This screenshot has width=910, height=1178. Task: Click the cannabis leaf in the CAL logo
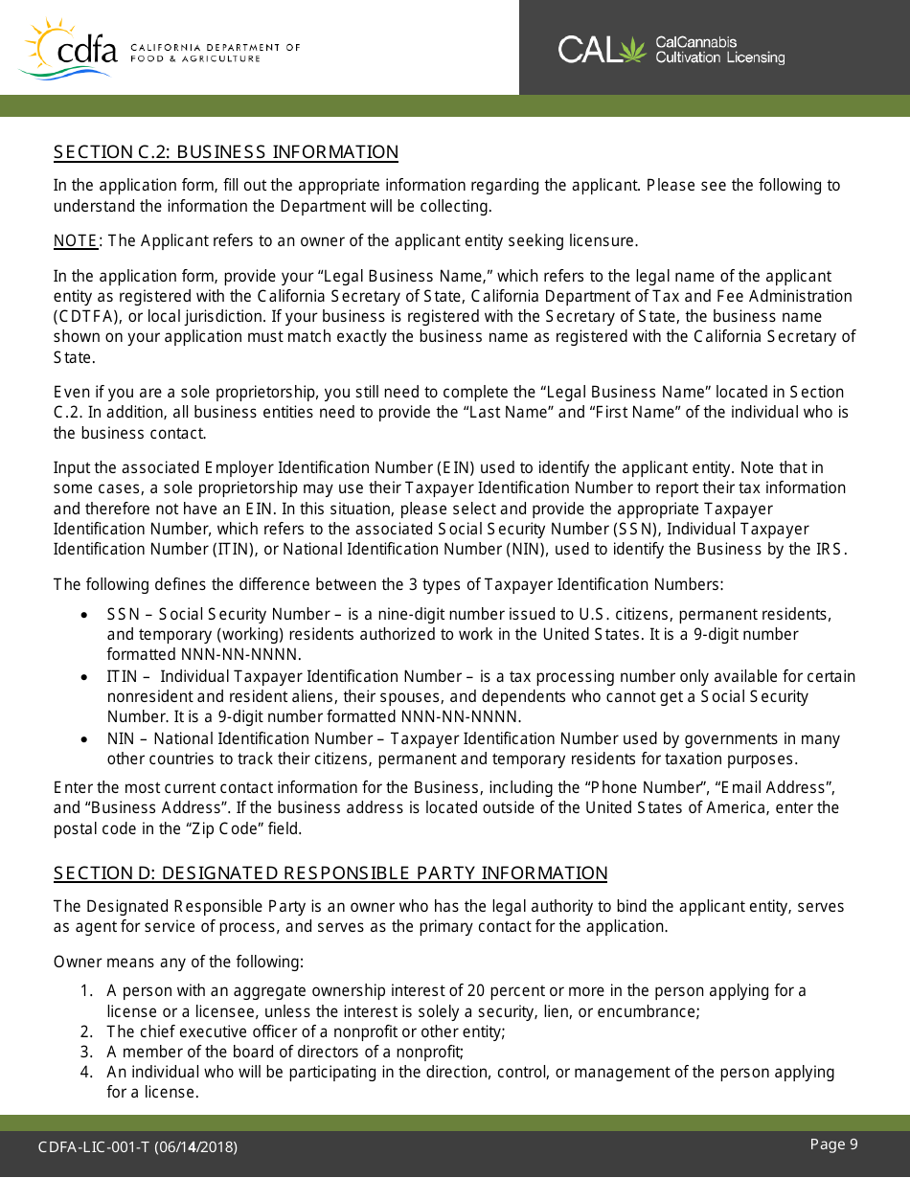point(633,49)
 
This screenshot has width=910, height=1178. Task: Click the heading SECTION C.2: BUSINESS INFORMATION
point(225,152)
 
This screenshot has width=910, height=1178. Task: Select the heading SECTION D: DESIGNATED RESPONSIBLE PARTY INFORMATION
point(330,873)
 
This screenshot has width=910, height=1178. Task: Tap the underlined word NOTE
point(76,240)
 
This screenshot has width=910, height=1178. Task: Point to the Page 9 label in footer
point(833,1144)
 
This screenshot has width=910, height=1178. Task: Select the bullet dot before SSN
point(86,615)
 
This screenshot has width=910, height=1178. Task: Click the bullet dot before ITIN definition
point(86,677)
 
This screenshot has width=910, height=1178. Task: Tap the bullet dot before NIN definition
point(86,739)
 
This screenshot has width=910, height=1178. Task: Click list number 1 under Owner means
point(86,991)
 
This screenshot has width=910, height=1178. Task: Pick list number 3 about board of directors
point(86,1053)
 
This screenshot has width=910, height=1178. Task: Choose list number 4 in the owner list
point(86,1073)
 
